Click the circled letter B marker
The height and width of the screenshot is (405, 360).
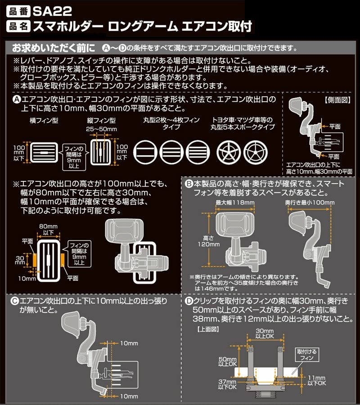coord(190,184)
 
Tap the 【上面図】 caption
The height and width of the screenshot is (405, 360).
coord(208,329)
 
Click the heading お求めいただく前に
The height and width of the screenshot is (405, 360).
coord(54,47)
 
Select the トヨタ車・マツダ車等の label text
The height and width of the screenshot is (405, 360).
coord(243,121)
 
